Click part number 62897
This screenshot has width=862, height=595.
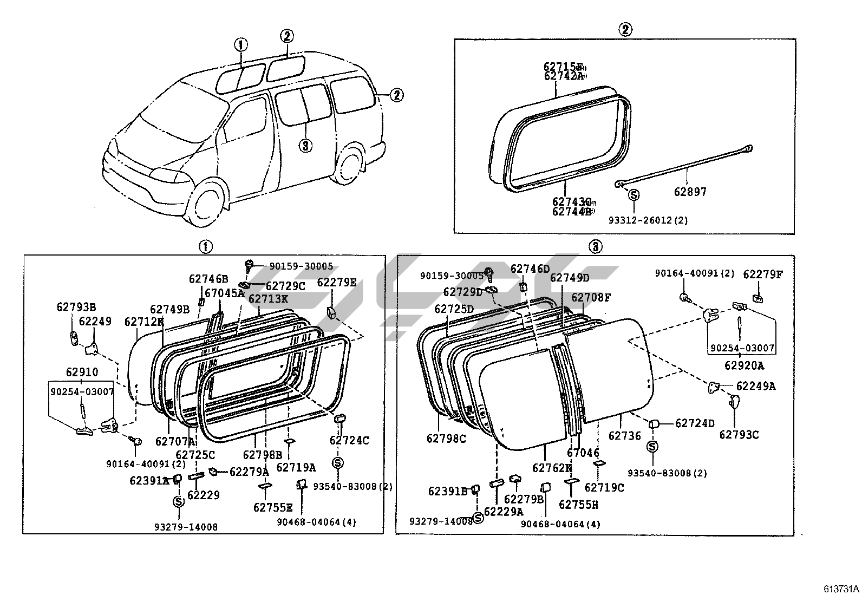point(690,192)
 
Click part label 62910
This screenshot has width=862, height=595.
point(82,372)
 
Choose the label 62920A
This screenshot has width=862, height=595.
point(744,365)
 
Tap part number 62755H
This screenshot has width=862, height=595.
point(578,505)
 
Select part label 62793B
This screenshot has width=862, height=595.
point(76,306)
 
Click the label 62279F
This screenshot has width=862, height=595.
point(762,274)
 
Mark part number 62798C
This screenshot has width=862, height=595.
point(446,439)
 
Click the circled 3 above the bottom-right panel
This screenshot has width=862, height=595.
point(595,247)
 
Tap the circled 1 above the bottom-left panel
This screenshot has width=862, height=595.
point(205,247)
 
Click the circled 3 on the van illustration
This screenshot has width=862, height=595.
point(305,145)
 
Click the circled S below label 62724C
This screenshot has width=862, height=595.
point(338,463)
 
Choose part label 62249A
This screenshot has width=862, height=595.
point(755,386)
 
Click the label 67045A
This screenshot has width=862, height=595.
point(224,293)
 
